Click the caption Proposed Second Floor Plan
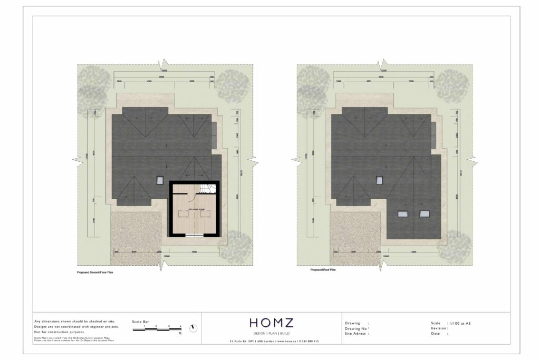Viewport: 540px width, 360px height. coord(95,273)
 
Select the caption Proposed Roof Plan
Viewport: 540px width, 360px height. coord(323,269)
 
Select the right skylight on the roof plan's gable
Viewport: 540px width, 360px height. coord(424,213)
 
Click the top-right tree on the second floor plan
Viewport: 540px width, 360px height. coord(233,84)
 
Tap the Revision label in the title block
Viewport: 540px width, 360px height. coord(439,328)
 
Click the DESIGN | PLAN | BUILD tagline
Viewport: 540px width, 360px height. coord(271,334)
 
